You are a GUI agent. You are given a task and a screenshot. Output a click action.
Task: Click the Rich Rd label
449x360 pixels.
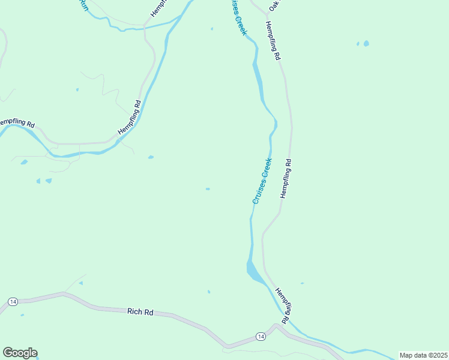[x=140, y=312]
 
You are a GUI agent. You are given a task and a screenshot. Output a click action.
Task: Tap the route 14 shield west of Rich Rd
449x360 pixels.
[x=12, y=301]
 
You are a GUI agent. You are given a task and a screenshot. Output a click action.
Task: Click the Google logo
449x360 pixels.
[x=20, y=353]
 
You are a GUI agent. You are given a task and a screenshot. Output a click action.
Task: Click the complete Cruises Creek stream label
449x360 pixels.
[x=262, y=181]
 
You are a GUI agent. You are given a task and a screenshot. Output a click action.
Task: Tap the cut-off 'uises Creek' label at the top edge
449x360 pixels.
[x=237, y=17]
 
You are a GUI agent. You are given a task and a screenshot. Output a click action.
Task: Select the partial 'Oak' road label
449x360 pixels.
[x=274, y=5]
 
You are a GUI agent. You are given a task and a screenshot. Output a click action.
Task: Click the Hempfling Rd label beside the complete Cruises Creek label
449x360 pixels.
[x=286, y=178]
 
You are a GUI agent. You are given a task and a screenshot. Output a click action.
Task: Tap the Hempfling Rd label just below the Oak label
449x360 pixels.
[x=274, y=41]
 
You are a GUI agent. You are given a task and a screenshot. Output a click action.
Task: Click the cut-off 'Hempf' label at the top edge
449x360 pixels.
[x=157, y=7]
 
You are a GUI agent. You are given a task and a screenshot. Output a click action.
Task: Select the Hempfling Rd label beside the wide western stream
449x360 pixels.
[x=129, y=116]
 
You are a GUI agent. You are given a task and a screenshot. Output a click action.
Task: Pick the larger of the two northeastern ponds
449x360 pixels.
[x=366, y=43]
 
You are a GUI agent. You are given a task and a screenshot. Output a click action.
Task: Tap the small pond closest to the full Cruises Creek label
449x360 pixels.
[x=208, y=189]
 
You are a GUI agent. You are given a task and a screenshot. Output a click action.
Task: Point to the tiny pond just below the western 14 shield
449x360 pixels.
[x=22, y=314]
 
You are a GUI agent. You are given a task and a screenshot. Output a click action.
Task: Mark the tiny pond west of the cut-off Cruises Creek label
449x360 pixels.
[x=212, y=28]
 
